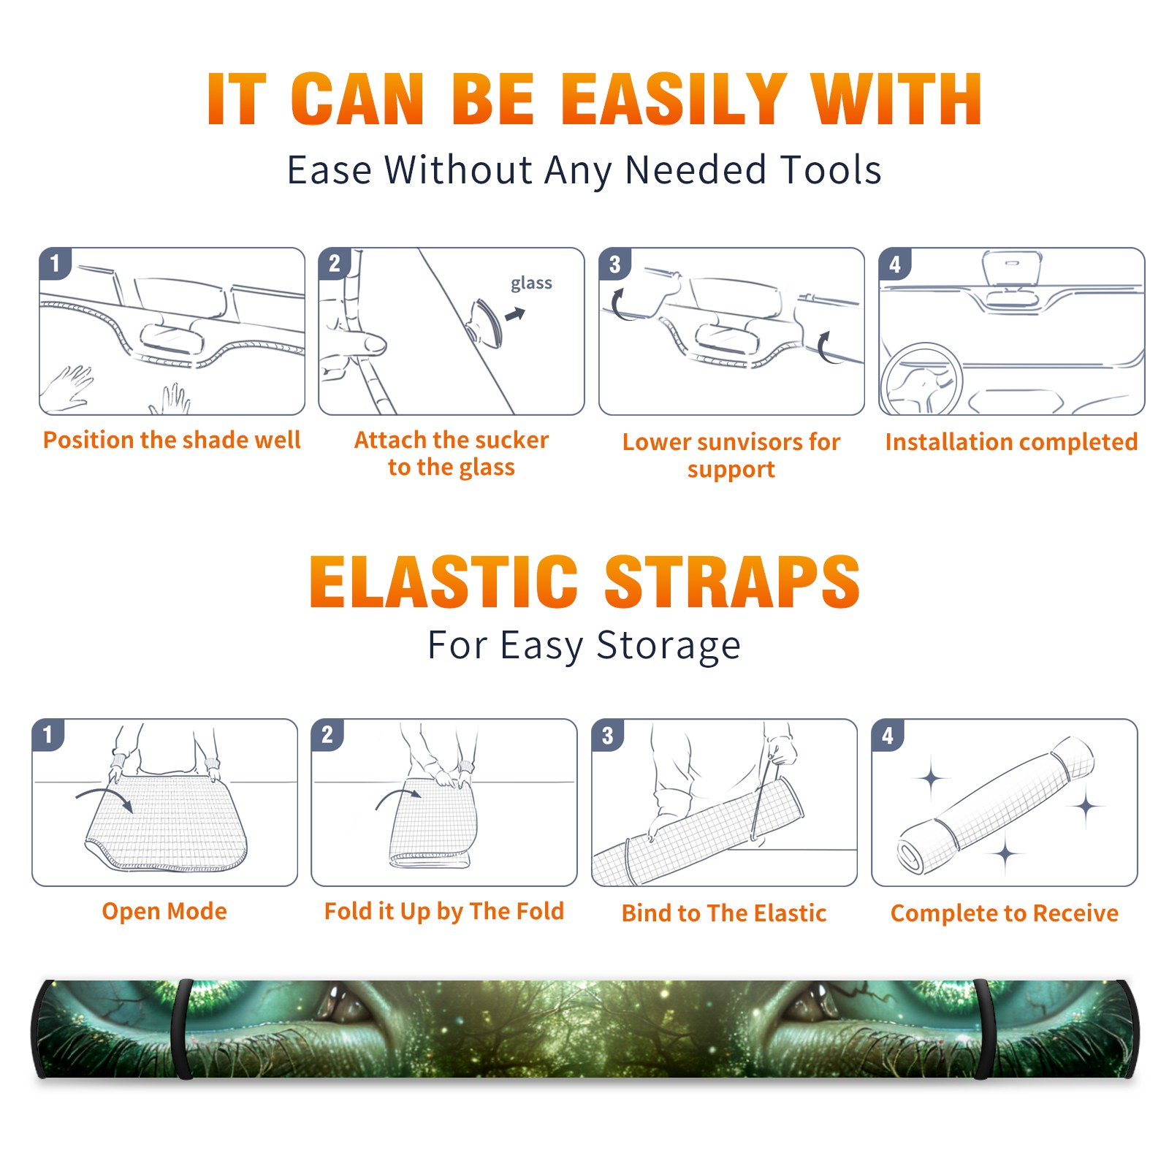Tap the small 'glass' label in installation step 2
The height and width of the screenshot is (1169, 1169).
(531, 283)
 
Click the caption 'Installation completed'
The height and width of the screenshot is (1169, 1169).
(1011, 442)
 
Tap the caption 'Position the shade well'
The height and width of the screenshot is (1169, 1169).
(172, 440)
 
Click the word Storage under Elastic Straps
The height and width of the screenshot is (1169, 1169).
(668, 646)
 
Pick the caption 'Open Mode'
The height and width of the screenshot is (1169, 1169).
(164, 911)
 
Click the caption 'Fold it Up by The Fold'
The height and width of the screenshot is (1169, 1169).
(444, 912)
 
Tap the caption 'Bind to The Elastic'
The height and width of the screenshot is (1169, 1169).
(724, 913)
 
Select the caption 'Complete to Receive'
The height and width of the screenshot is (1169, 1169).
(1005, 913)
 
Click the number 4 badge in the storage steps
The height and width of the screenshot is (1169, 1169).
(888, 735)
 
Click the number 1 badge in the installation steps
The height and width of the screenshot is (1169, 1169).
(55, 263)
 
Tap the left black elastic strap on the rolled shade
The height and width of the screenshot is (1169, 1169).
(182, 1029)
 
